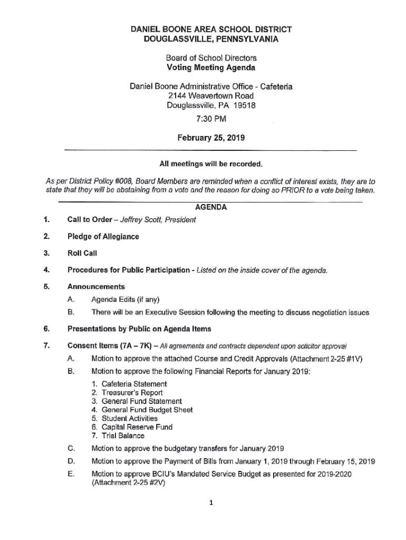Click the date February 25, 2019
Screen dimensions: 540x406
[210, 138]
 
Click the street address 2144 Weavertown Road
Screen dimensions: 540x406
[210, 95]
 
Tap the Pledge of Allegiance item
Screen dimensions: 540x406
[103, 236]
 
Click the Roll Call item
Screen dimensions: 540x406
[82, 253]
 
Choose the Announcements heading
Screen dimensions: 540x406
[96, 287]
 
